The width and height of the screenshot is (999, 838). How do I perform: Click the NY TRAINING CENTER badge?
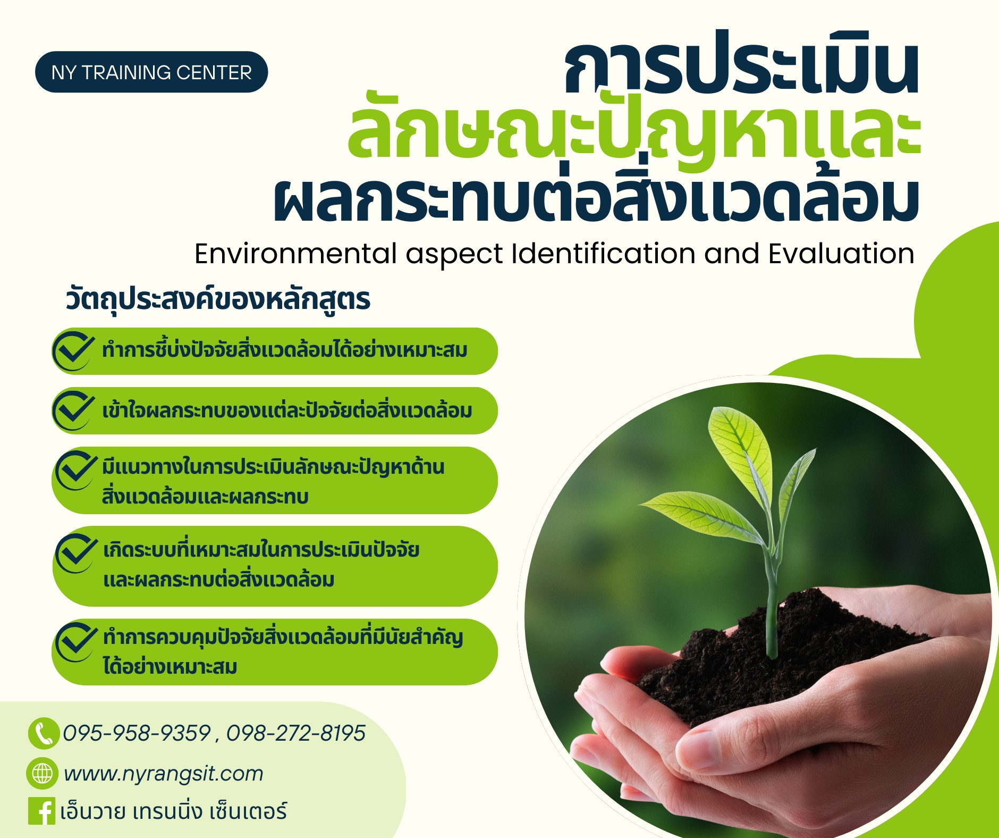pos(151,72)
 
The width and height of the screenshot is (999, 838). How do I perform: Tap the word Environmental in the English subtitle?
pos(295,254)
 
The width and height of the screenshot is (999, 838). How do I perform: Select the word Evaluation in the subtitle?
pos(841,254)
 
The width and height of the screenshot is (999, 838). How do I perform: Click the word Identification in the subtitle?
pos(603,254)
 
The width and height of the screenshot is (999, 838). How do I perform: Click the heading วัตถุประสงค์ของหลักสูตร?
pos(218,299)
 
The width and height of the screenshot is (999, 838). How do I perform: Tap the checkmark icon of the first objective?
pos(74,350)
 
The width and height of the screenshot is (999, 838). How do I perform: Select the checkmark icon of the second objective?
pos(74,410)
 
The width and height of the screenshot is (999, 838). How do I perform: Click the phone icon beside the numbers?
pos(43,733)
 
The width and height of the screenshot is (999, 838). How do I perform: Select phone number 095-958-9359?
pos(137,733)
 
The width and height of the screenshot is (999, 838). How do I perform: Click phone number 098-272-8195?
pos(296,733)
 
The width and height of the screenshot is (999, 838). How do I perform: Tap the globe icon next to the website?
pos(42,773)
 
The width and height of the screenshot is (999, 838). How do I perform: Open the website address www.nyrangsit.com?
pos(164,774)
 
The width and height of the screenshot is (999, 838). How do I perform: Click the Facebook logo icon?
pos(41,811)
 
